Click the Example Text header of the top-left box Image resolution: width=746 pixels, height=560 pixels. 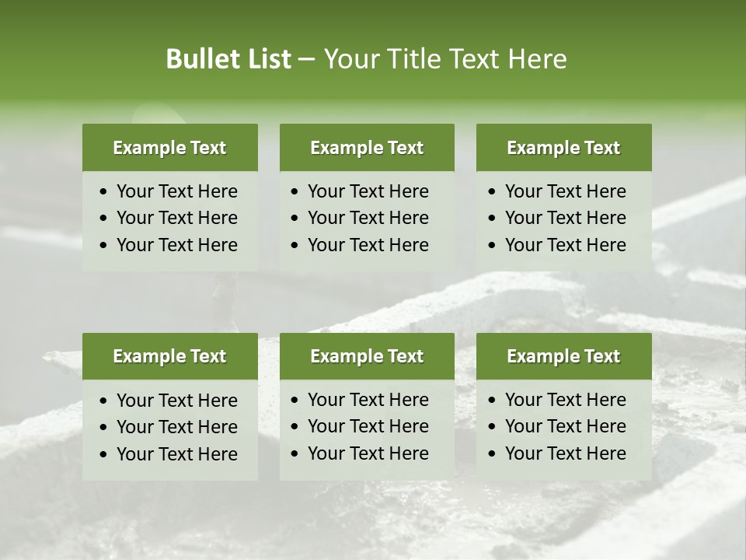169,148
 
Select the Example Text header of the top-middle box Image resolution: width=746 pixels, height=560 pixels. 367,148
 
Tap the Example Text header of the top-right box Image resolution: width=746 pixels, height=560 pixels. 563,148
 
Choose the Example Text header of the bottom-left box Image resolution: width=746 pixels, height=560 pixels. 169,356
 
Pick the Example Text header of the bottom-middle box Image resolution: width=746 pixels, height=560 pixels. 367,356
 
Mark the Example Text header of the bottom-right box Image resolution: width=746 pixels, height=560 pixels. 563,356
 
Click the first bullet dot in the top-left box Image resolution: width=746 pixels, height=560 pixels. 104,192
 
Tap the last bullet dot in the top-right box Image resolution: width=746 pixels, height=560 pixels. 493,246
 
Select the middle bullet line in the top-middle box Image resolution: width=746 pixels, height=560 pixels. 368,218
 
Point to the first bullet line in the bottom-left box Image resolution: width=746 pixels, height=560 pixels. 176,401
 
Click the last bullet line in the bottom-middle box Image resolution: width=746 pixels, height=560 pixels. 368,453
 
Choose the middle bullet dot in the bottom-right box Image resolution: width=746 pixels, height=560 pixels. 493,427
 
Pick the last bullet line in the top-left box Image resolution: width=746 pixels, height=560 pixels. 176,245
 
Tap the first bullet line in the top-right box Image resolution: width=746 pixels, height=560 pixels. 565,191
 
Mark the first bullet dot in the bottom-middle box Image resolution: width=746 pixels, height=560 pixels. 295,401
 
